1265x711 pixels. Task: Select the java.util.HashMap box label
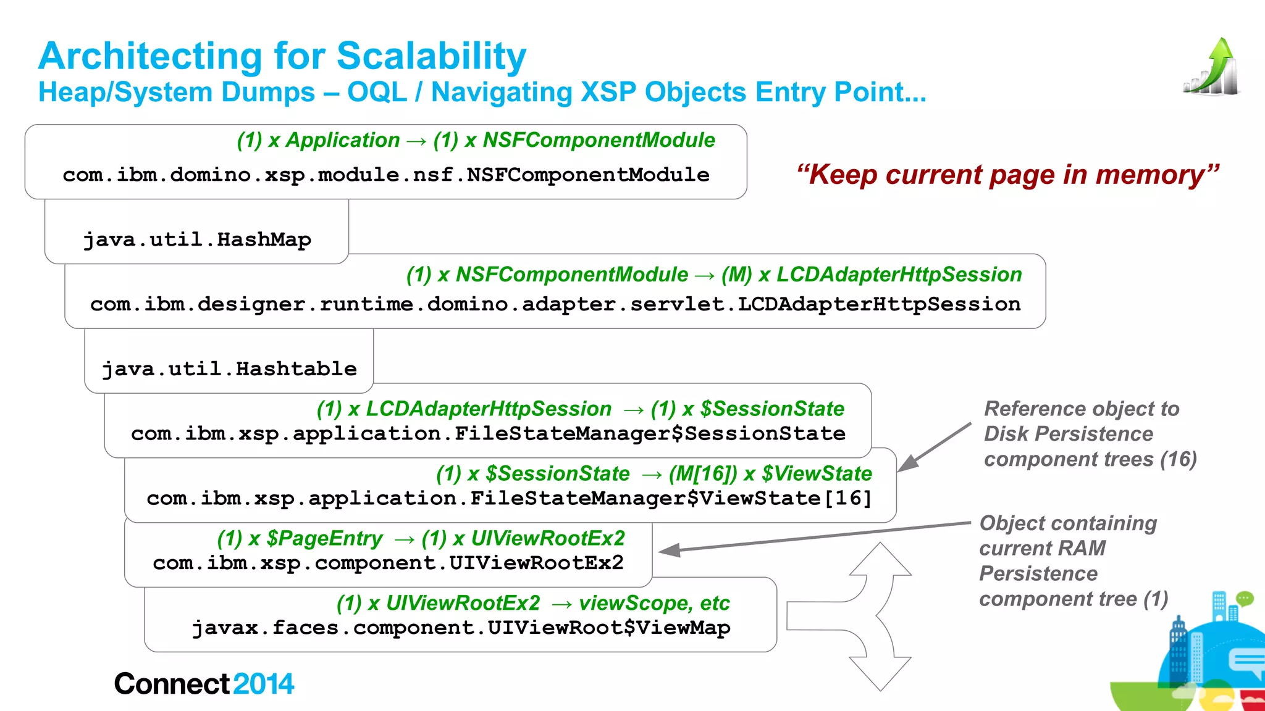pos(197,239)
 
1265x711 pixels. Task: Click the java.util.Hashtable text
pos(229,369)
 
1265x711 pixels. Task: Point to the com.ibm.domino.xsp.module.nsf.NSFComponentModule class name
pos(385,175)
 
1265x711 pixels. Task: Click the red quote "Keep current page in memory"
pos(1007,175)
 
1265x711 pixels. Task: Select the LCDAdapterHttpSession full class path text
pos(555,304)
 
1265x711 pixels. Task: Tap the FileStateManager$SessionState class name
pos(488,434)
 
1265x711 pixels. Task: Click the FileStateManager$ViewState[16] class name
pos(509,499)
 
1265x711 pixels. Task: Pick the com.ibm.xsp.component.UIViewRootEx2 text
pos(388,563)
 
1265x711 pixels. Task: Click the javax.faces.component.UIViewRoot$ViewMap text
pos(461,628)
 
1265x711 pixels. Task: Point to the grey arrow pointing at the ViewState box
pos(934,447)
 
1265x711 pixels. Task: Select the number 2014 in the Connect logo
pos(263,684)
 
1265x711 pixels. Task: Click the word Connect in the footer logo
pos(172,684)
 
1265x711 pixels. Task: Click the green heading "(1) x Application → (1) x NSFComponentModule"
pos(476,140)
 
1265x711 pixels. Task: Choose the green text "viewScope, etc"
pos(654,603)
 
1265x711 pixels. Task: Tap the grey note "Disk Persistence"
pos(1068,434)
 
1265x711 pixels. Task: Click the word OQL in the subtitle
pos(377,93)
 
